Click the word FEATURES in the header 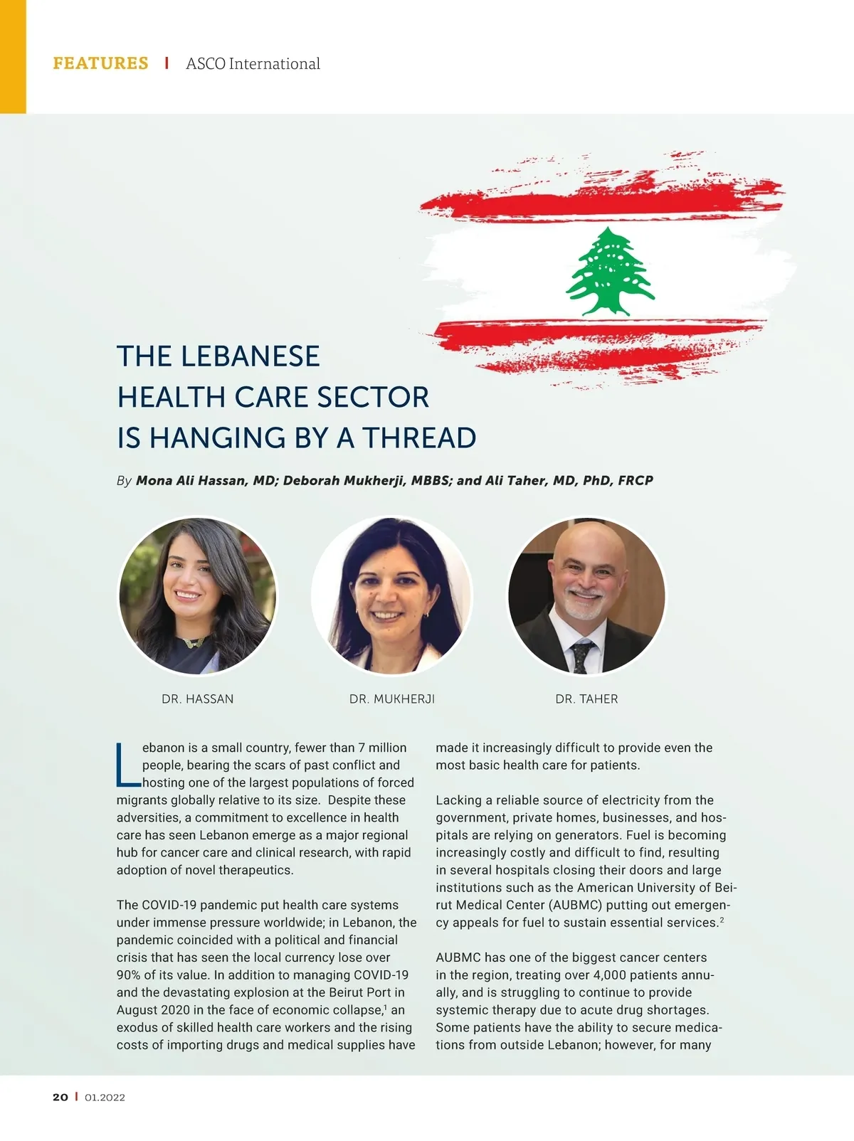click(100, 63)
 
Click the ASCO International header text click(253, 64)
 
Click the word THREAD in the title click(419, 438)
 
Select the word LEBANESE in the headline click(250, 356)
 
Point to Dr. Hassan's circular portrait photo click(197, 595)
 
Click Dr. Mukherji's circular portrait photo click(391, 595)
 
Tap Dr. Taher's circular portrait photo click(586, 595)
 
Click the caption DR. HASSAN click(197, 699)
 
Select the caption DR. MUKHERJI click(391, 699)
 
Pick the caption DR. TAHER click(586, 699)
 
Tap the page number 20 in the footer click(60, 1097)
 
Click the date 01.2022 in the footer click(105, 1097)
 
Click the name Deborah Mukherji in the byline click(344, 480)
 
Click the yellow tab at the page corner click(13, 56)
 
